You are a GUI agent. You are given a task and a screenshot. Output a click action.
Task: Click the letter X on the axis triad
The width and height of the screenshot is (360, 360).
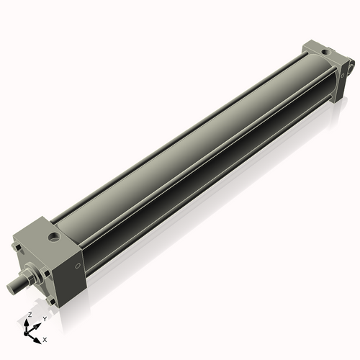[x=45, y=338]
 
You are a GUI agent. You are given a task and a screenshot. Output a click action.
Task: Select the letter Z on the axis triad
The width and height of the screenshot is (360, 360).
[x=28, y=315]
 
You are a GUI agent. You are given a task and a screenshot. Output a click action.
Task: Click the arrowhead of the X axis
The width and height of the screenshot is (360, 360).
[x=37, y=336]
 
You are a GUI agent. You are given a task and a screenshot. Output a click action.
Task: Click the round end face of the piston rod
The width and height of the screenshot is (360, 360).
[x=12, y=286]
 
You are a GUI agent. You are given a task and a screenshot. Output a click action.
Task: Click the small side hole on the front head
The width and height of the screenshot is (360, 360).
[x=78, y=267]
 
